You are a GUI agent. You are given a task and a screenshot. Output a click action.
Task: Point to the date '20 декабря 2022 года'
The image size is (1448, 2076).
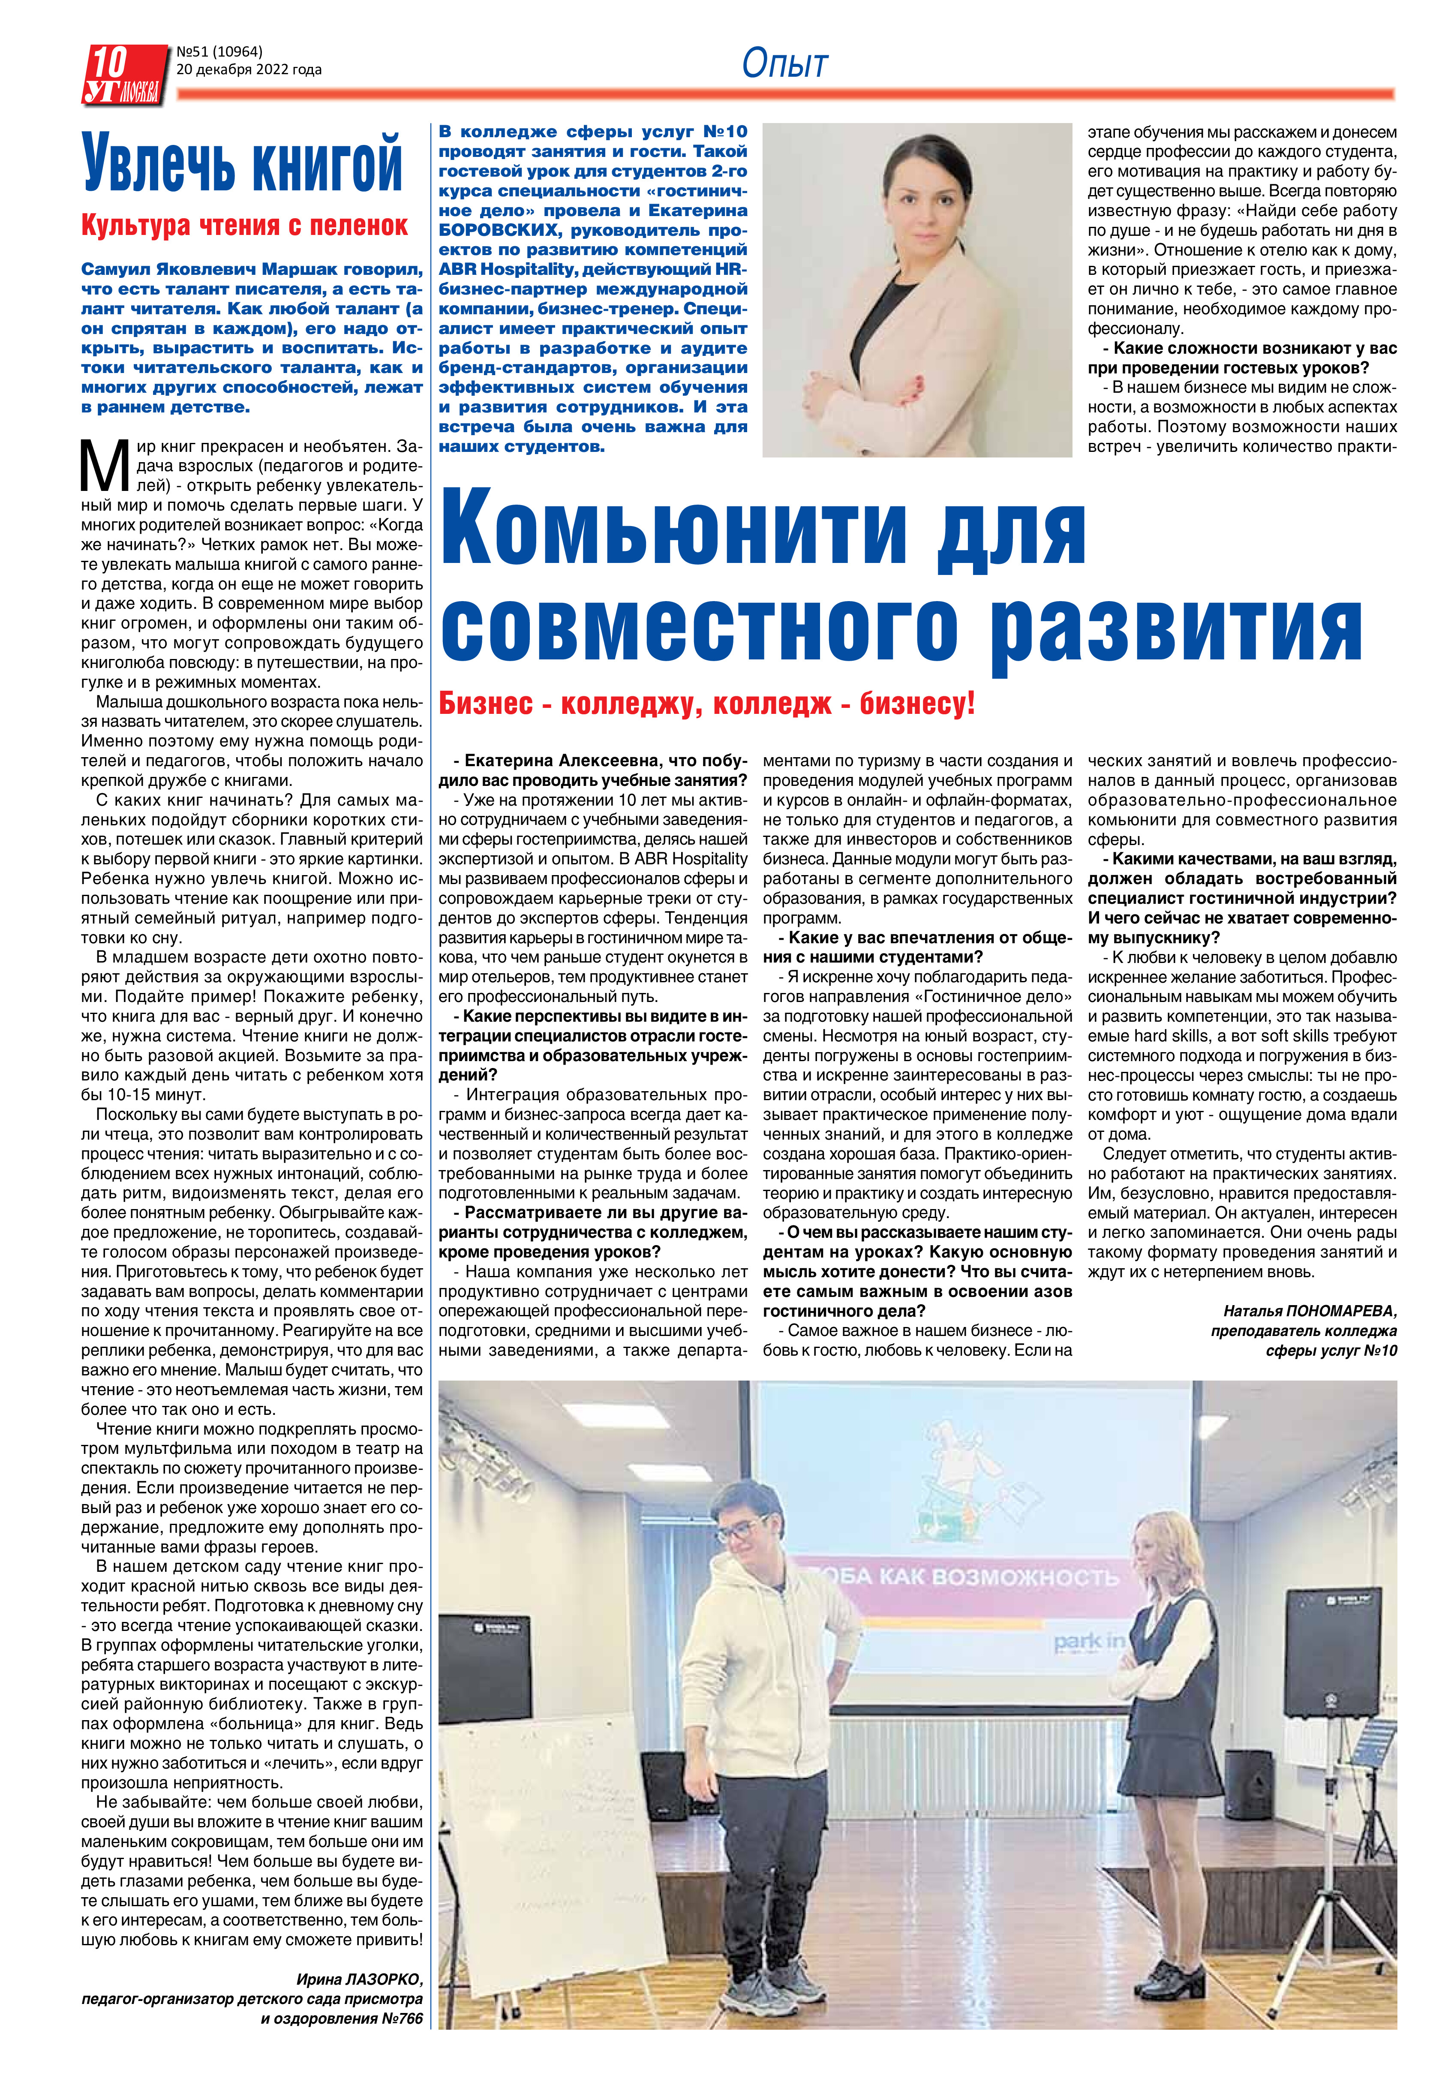tap(249, 69)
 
